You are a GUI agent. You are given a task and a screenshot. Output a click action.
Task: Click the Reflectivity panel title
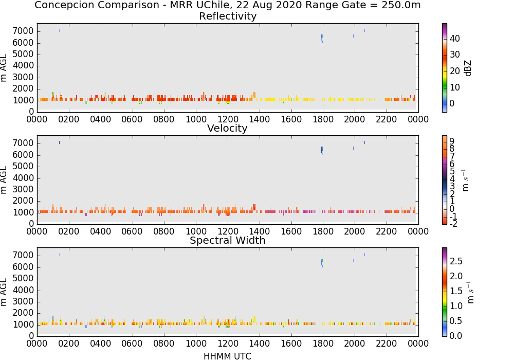tap(228, 16)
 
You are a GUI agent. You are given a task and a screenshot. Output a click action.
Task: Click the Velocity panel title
tap(227, 128)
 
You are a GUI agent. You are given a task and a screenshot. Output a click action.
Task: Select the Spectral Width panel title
tap(228, 240)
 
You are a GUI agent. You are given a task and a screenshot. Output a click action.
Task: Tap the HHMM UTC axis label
tap(227, 356)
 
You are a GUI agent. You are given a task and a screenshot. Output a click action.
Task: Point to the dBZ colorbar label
tap(468, 68)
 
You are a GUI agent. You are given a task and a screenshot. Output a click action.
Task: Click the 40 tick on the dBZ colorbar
tap(455, 39)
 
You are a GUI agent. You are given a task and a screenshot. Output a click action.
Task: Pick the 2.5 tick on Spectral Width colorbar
tap(456, 261)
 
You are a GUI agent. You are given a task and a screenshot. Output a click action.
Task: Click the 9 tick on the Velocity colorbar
tap(452, 141)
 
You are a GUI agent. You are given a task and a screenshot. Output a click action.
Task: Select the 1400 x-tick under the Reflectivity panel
tap(259, 119)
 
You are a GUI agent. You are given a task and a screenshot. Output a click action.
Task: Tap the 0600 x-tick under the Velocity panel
tap(132, 231)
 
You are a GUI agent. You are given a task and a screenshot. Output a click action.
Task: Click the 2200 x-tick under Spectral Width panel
tap(386, 344)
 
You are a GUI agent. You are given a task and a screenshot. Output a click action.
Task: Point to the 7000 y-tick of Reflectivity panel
tap(23, 31)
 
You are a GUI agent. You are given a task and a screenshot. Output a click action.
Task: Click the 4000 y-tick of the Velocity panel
tap(23, 178)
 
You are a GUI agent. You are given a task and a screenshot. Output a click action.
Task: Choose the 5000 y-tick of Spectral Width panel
tap(23, 279)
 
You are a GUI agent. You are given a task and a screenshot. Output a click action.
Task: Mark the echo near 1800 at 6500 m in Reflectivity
tap(322, 38)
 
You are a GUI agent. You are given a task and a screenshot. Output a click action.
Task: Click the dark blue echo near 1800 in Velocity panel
tap(322, 150)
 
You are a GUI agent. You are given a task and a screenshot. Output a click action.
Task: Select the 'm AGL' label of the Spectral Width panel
tap(4, 292)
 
